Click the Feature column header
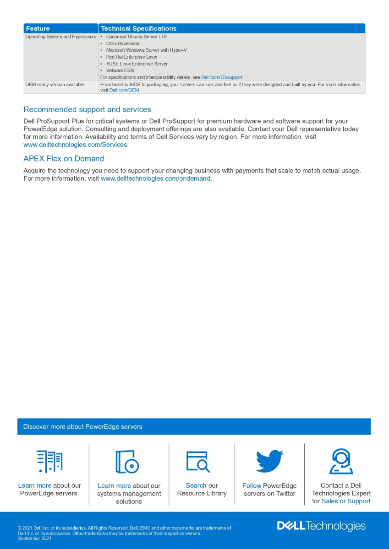pyautogui.click(x=38, y=28)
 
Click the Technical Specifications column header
pyautogui.click(x=138, y=28)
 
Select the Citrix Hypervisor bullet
pyautogui.click(x=123, y=43)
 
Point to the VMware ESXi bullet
pyautogui.click(x=120, y=70)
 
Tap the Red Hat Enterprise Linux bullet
pyautogui.click(x=131, y=57)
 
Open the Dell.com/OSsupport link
pyautogui.click(x=222, y=77)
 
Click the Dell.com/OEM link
pyautogui.click(x=124, y=90)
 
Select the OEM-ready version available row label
pyautogui.click(x=55, y=85)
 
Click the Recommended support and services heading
pyautogui.click(x=87, y=110)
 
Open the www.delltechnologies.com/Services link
pyautogui.click(x=76, y=145)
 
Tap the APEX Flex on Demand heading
pyautogui.click(x=64, y=159)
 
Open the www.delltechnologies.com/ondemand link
pyautogui.click(x=156, y=178)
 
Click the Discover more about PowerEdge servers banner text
pyautogui.click(x=83, y=427)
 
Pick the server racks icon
pyautogui.click(x=49, y=461)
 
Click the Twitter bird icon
pyautogui.click(x=269, y=461)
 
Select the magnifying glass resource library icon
pyautogui.click(x=198, y=462)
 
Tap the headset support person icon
pyautogui.click(x=341, y=461)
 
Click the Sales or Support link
pyautogui.click(x=346, y=501)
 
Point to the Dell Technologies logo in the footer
pyautogui.click(x=321, y=526)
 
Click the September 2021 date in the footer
pyautogui.click(x=35, y=538)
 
